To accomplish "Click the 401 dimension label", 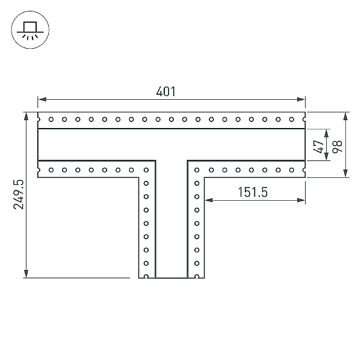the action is (x=166, y=91).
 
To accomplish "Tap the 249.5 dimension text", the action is (x=19, y=194).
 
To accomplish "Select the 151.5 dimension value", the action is (x=253, y=192).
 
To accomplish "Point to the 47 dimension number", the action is (x=319, y=147).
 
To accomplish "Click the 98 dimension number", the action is (x=338, y=146).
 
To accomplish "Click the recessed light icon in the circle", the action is (x=30, y=29).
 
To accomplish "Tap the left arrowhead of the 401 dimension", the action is (x=42, y=99).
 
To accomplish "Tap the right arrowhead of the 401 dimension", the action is (x=301, y=99).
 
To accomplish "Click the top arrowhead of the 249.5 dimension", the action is (x=26, y=117).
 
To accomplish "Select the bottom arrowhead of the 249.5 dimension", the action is (x=26, y=273).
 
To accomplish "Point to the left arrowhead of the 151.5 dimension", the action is (x=209, y=200).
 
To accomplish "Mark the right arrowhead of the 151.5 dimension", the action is (x=301, y=200).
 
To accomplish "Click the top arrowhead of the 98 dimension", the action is (x=345, y=117).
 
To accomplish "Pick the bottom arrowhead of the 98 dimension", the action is (x=345, y=173).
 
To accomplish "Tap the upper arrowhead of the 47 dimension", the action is (x=327, y=133).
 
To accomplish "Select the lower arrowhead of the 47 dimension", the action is (x=327, y=156).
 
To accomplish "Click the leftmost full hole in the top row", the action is (x=51, y=120).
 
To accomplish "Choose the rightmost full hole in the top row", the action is (x=291, y=120).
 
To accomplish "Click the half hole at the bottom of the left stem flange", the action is (x=146, y=276).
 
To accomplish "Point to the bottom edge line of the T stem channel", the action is (x=171, y=278).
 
